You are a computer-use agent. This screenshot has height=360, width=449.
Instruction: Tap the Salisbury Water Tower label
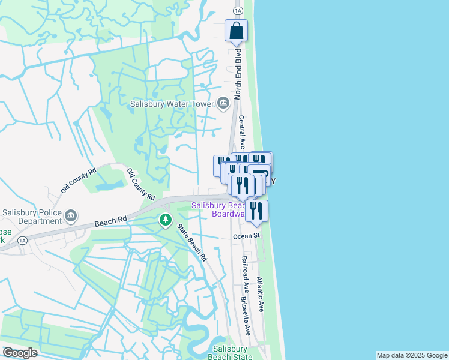click(172, 104)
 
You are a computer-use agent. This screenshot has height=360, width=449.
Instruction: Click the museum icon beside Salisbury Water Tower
click(223, 104)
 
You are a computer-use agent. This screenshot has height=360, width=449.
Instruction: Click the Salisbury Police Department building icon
click(71, 215)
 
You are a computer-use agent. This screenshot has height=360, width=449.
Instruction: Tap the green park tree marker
click(165, 221)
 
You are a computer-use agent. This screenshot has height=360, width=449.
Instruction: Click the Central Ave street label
click(242, 132)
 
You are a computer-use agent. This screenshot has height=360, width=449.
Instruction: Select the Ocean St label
click(246, 236)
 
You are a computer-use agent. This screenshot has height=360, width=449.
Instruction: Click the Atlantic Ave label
click(260, 293)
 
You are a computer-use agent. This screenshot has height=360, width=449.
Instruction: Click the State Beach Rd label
click(191, 242)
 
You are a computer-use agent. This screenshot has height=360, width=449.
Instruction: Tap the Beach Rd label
click(110, 221)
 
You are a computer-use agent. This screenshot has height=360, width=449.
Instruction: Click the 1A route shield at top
click(238, 10)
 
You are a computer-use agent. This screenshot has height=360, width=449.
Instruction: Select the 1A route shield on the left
click(22, 241)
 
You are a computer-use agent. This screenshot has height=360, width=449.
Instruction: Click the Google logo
click(20, 353)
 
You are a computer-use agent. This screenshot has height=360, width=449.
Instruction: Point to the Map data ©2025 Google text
click(412, 355)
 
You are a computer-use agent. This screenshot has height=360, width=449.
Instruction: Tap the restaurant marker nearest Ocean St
click(256, 211)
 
